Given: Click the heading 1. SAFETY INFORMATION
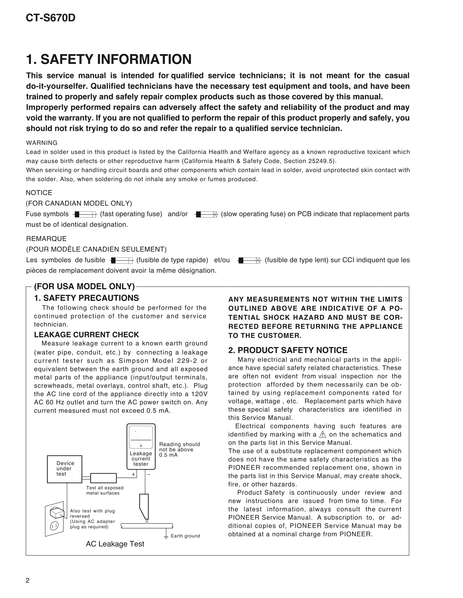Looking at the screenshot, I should [x=109, y=59].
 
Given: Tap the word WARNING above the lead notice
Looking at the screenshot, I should [x=42, y=143].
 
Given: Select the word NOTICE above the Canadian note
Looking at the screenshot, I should [x=39, y=193].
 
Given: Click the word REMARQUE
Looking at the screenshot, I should [x=46, y=239].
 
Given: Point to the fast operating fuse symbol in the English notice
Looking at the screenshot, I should [x=85, y=214].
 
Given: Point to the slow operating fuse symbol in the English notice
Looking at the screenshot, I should [x=206, y=214].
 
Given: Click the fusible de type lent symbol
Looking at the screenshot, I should [x=249, y=260].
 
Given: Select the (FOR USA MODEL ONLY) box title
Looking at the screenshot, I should [x=84, y=286].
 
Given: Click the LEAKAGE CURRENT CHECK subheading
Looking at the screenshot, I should [x=86, y=335].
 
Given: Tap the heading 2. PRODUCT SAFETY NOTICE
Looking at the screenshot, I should [x=288, y=350].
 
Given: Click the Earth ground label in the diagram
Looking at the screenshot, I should [x=185, y=536].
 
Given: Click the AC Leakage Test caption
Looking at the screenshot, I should [x=115, y=544].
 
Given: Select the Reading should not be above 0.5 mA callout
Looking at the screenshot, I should [x=179, y=450].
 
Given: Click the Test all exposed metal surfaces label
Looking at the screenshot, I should [x=105, y=490].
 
